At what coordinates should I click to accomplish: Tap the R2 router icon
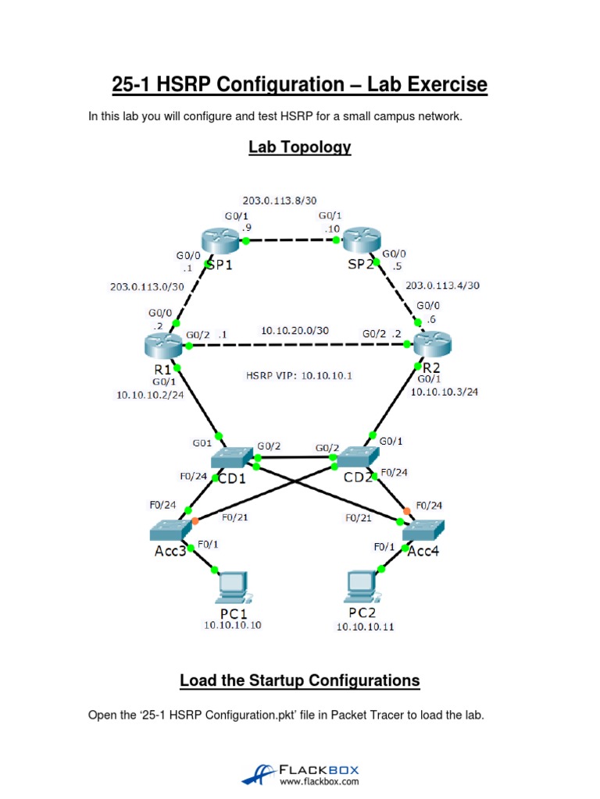pyautogui.click(x=433, y=344)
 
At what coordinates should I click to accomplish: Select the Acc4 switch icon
pyautogui.click(x=424, y=531)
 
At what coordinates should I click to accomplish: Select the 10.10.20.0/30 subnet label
pyautogui.click(x=295, y=330)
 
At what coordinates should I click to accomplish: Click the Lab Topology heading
pyautogui.click(x=300, y=147)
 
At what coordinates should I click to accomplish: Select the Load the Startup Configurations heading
pyautogui.click(x=300, y=680)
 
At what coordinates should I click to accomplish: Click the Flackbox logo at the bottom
pyautogui.click(x=300, y=774)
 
